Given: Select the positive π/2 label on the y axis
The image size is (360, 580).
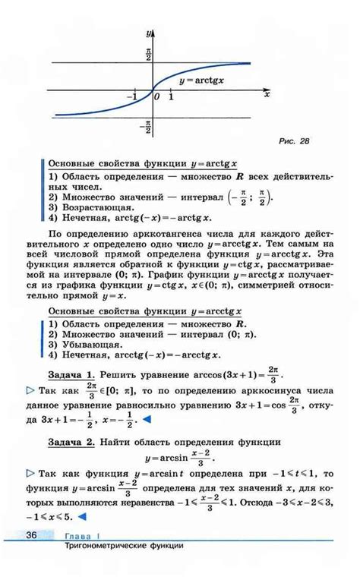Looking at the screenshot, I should point(148,54).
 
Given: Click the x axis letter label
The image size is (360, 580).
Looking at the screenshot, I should point(267,95).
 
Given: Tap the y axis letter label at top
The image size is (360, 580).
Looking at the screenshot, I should point(150,33).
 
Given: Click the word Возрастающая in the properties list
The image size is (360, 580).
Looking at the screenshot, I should point(92,206).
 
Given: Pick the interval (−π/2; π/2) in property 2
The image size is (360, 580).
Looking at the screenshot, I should point(250,196).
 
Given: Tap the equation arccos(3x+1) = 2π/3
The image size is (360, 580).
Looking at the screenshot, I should point(229,374).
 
